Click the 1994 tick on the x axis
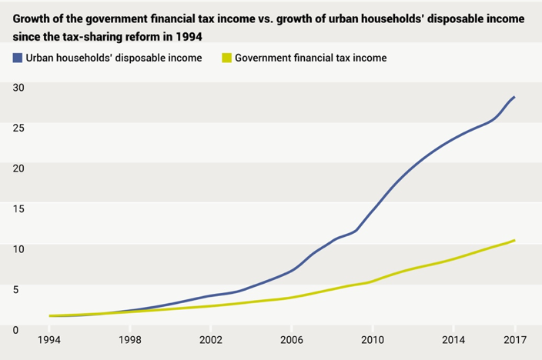click(x=50, y=339)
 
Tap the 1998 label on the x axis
click(x=130, y=339)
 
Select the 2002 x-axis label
click(x=211, y=339)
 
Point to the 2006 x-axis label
click(x=291, y=339)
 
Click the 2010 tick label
click(x=373, y=339)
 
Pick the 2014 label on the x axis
click(x=453, y=339)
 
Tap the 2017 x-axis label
click(x=514, y=339)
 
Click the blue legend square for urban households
click(x=17, y=58)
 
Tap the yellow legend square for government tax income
click(x=226, y=58)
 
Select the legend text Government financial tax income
click(x=310, y=58)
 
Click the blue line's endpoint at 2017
click(x=514, y=98)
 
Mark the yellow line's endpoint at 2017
click(x=514, y=241)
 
